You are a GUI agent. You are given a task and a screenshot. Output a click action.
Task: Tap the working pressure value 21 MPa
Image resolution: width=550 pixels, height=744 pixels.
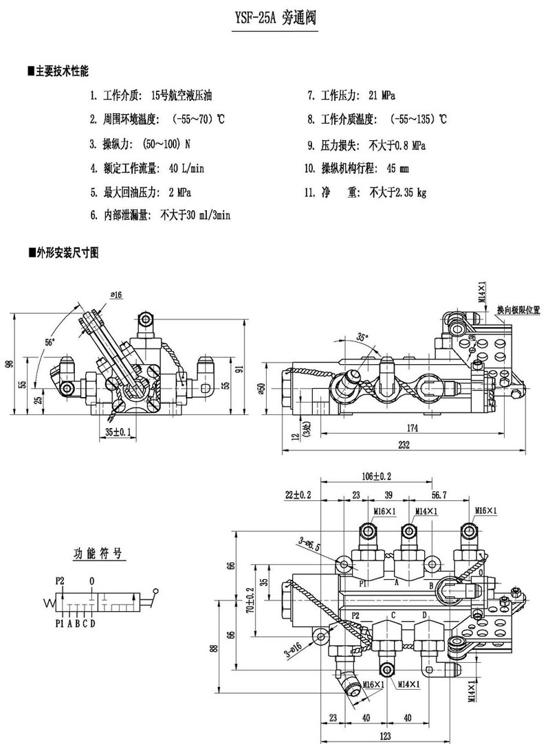(x=382, y=95)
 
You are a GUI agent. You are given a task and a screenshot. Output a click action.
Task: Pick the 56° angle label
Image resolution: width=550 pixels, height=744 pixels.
(x=49, y=341)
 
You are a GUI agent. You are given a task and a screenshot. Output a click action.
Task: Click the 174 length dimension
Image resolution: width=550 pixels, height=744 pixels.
(x=412, y=428)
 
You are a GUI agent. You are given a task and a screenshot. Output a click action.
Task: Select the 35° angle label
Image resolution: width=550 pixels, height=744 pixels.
(x=362, y=337)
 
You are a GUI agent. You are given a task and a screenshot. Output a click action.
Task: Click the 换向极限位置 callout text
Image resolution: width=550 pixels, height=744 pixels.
(x=518, y=310)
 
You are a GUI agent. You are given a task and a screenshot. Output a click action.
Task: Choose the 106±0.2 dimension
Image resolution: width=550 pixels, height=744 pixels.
(x=376, y=476)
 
